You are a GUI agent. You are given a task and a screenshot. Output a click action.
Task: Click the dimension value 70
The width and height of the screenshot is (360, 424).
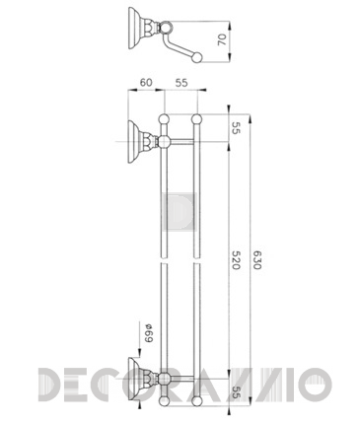tap(223, 39)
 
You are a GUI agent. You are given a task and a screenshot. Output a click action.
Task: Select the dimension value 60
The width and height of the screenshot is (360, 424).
tap(146, 82)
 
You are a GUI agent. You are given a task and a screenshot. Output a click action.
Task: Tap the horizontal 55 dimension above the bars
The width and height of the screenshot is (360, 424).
tap(181, 83)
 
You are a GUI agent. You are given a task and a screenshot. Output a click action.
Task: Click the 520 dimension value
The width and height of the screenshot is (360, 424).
tap(236, 260)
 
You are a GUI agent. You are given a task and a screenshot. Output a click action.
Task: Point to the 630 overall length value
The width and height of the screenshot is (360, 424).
tap(256, 260)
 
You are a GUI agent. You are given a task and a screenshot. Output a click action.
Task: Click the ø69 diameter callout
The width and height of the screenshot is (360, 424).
tap(148, 333)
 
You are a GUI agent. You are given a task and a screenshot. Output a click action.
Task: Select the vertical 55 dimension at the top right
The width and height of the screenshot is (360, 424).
tap(236, 128)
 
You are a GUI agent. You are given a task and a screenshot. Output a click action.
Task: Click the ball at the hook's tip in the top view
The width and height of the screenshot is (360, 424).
tap(197, 58)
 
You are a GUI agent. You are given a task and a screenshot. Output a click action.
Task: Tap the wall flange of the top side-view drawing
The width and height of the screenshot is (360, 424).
tap(133, 29)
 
